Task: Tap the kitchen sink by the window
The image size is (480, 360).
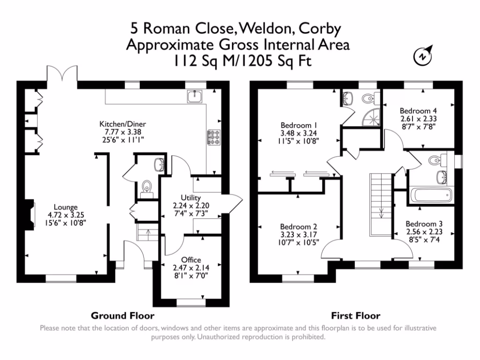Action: pos(195,96)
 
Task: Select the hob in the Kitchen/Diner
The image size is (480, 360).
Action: pos(214,137)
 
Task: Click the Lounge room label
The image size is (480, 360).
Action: pos(66,207)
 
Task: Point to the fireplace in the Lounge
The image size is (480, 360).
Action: pos(30,215)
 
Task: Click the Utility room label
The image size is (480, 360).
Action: pos(191,198)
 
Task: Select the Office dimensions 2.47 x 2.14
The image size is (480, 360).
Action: pos(191,268)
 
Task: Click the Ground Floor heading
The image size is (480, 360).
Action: pos(122,315)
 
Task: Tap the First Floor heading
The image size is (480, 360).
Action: pos(356,315)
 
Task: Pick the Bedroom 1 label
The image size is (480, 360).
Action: pos(299,125)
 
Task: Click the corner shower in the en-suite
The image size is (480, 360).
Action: pos(371,118)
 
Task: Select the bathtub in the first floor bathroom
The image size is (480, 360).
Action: pos(431,195)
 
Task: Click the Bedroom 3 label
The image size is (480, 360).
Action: pos(424,224)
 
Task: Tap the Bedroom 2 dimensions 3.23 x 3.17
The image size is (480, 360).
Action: pos(299,235)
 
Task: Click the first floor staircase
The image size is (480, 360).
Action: pos(381,204)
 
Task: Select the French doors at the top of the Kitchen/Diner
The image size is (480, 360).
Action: pos(62,74)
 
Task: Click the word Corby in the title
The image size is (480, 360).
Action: pos(320,29)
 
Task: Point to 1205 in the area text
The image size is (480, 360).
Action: pos(255,60)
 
